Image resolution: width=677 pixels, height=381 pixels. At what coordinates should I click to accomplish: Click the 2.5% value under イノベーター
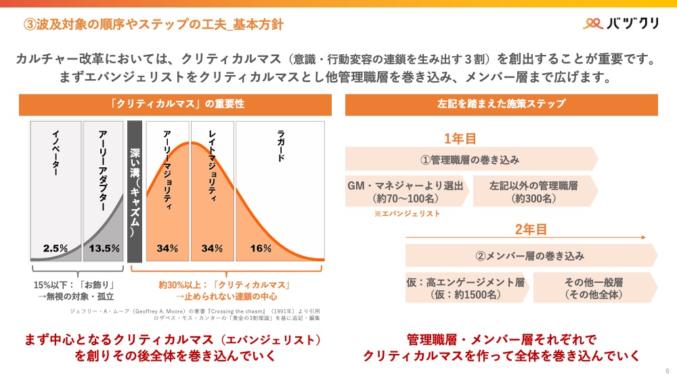click(x=56, y=248)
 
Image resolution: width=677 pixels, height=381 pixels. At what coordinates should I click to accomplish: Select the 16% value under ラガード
click(x=261, y=248)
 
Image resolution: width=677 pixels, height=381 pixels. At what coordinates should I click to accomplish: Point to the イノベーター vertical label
click(x=56, y=152)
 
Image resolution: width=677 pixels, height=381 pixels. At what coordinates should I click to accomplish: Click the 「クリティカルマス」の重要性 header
click(x=177, y=104)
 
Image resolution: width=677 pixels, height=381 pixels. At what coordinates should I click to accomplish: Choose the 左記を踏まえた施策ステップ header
click(x=501, y=104)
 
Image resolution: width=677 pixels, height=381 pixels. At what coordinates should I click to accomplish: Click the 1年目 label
click(x=460, y=139)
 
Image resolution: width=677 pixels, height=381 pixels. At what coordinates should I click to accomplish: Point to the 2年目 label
click(x=531, y=229)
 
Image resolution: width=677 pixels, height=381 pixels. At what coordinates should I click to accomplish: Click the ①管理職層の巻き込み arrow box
click(x=471, y=160)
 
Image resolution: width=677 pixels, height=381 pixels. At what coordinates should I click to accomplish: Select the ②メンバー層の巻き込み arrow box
click(x=530, y=256)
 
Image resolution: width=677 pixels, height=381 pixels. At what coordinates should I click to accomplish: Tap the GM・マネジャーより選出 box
click(x=405, y=192)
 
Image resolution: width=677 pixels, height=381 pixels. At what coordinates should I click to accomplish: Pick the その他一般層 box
click(x=593, y=288)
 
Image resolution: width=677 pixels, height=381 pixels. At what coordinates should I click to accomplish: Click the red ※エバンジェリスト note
click(x=407, y=214)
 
